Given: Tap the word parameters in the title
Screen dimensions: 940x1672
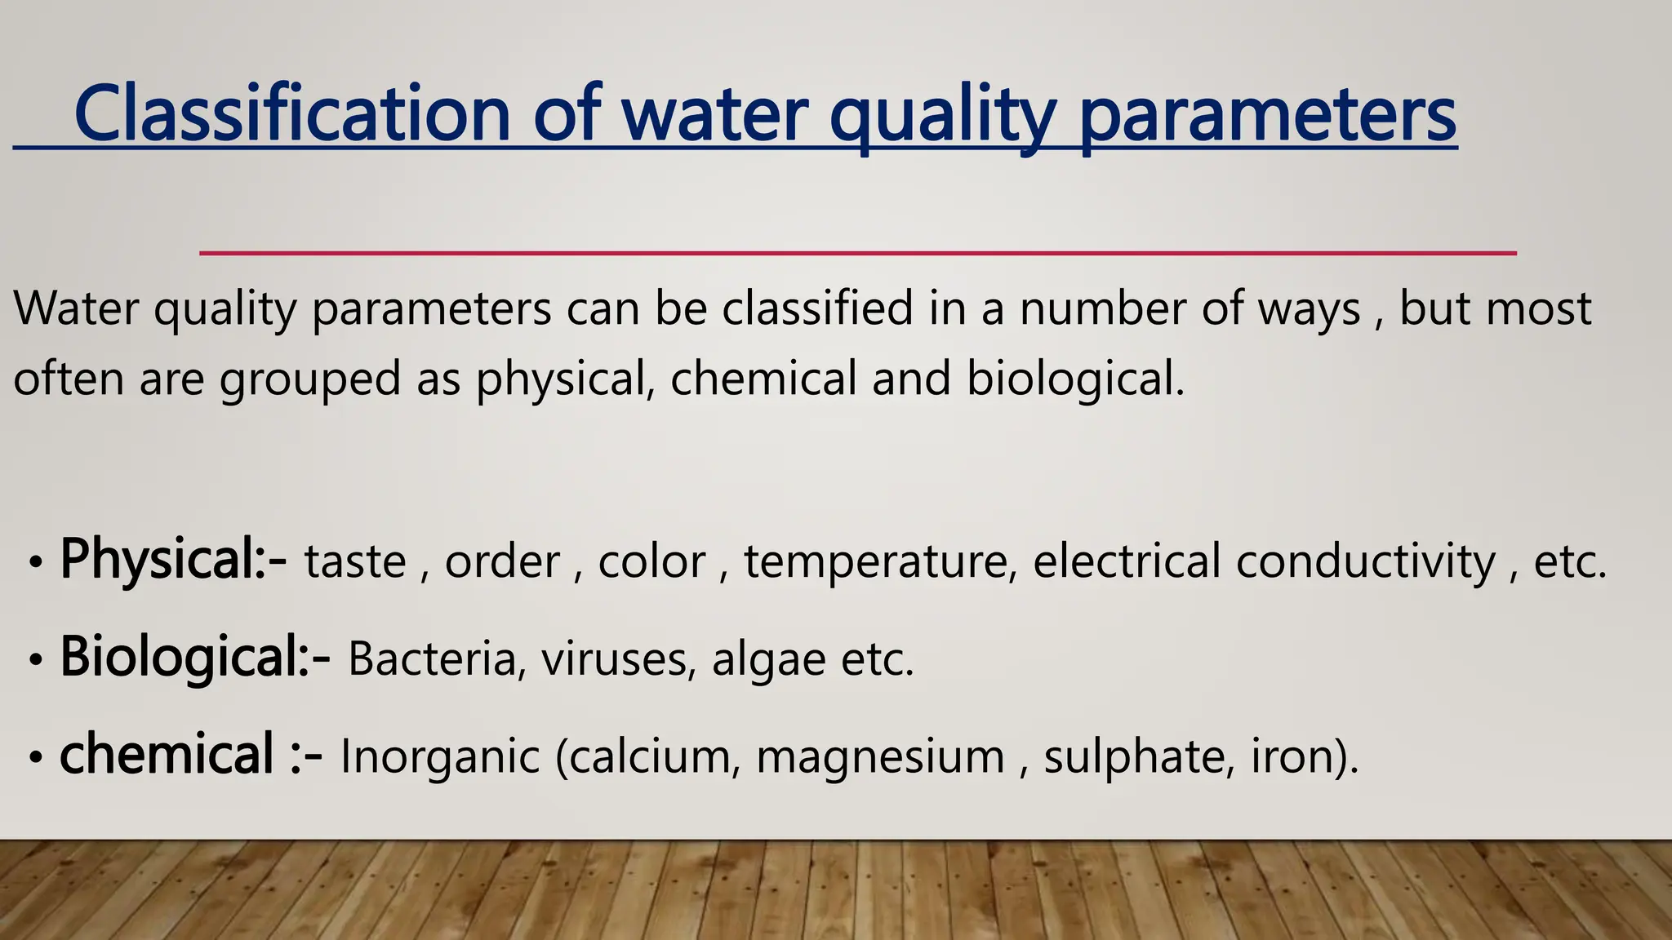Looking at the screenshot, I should [x=1267, y=117].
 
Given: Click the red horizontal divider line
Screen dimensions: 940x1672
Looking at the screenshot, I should [x=857, y=253].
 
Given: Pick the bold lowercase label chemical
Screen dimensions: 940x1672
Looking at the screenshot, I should [x=167, y=755].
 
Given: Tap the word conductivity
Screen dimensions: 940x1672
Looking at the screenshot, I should [x=1365, y=562].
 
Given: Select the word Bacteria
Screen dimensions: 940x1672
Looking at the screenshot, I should [x=432, y=659].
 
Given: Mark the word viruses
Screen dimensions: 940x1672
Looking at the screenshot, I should [x=613, y=659].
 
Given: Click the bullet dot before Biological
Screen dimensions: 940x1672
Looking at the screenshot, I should [x=34, y=659].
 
